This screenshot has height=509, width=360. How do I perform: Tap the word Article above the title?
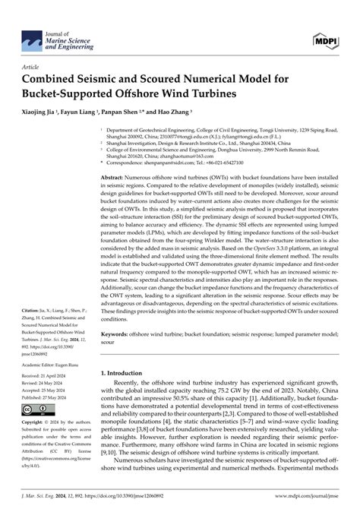32,66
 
